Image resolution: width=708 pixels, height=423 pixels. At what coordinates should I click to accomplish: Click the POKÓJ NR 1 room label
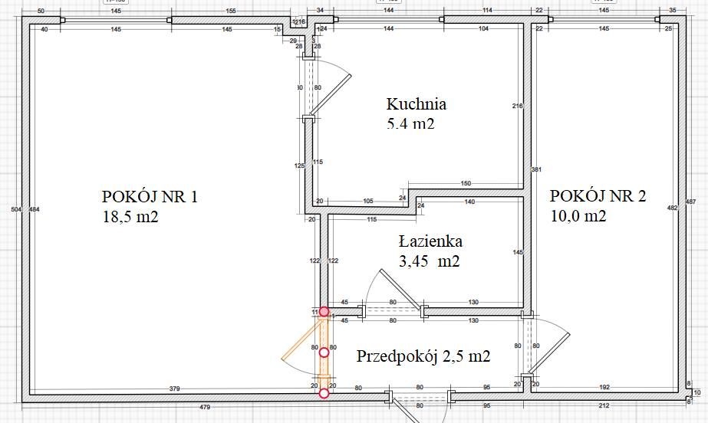(x=150, y=197)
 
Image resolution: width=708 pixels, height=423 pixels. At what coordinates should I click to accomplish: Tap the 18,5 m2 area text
(x=130, y=217)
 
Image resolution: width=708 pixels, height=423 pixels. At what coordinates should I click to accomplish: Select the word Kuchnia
(x=417, y=103)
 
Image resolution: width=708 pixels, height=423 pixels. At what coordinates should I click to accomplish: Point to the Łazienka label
(x=431, y=241)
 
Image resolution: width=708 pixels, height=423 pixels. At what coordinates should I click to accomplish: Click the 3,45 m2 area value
(x=429, y=261)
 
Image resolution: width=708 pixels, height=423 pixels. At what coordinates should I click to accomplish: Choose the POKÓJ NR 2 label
(x=598, y=195)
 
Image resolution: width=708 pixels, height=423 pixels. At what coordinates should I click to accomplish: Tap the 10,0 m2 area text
(x=578, y=216)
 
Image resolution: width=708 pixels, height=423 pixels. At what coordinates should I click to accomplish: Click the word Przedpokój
(x=396, y=356)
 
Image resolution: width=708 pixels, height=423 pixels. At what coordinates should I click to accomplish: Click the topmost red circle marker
(x=324, y=312)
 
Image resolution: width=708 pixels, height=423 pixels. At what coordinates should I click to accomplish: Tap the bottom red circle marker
(x=324, y=394)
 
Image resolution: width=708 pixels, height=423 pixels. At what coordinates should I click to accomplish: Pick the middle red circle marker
(x=324, y=352)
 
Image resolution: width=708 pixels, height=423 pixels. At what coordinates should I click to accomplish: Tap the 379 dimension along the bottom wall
(x=174, y=389)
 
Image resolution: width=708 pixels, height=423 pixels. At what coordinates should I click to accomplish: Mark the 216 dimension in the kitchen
(x=517, y=106)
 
